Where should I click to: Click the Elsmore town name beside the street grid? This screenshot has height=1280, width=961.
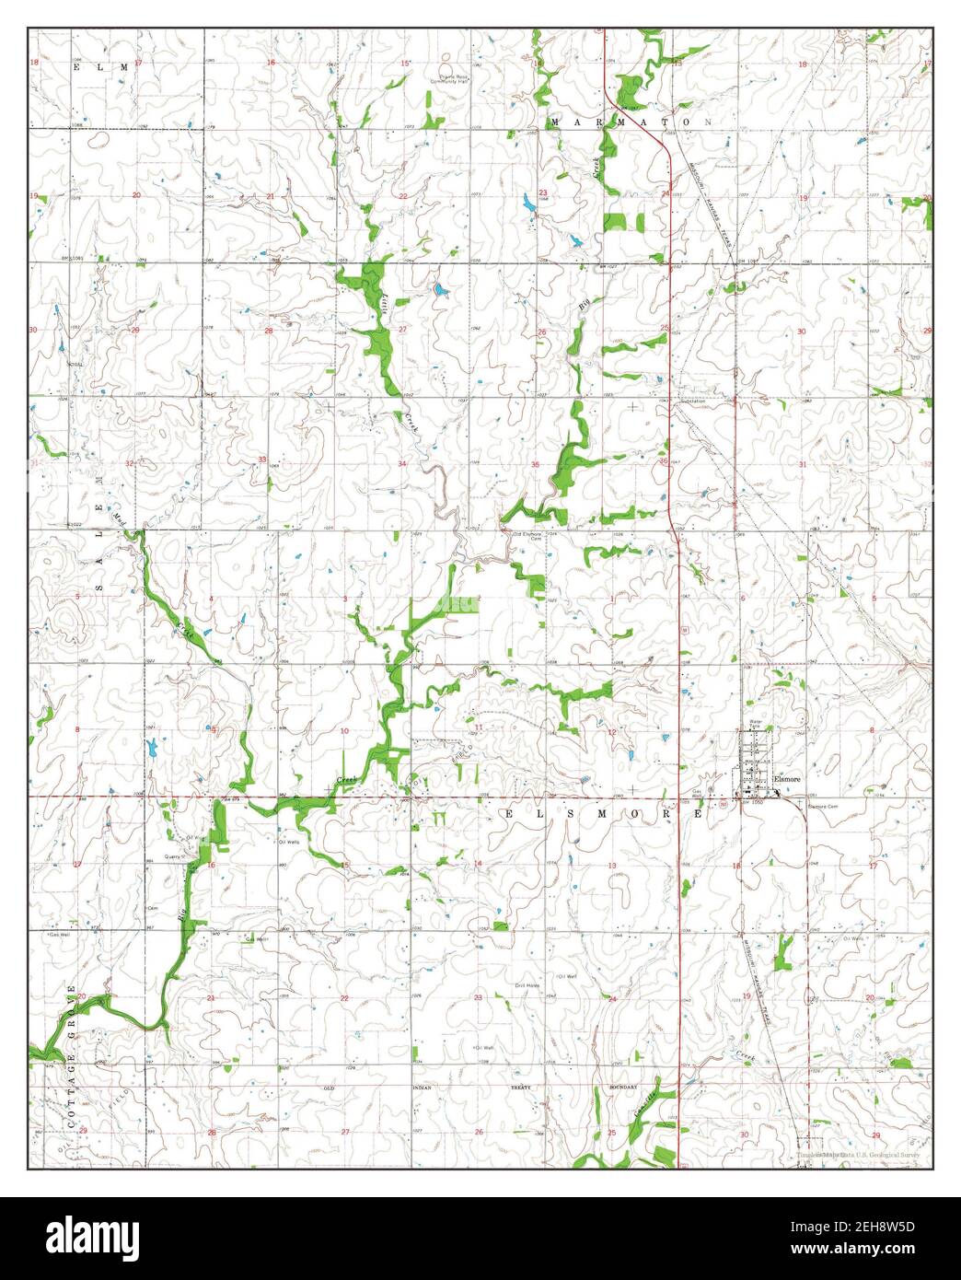point(790,778)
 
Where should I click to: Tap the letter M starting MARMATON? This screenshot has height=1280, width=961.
point(555,122)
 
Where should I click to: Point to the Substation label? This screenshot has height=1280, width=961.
point(692,401)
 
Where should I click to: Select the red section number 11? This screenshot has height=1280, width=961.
point(478,727)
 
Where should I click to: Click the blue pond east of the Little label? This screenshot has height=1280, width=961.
point(439,292)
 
